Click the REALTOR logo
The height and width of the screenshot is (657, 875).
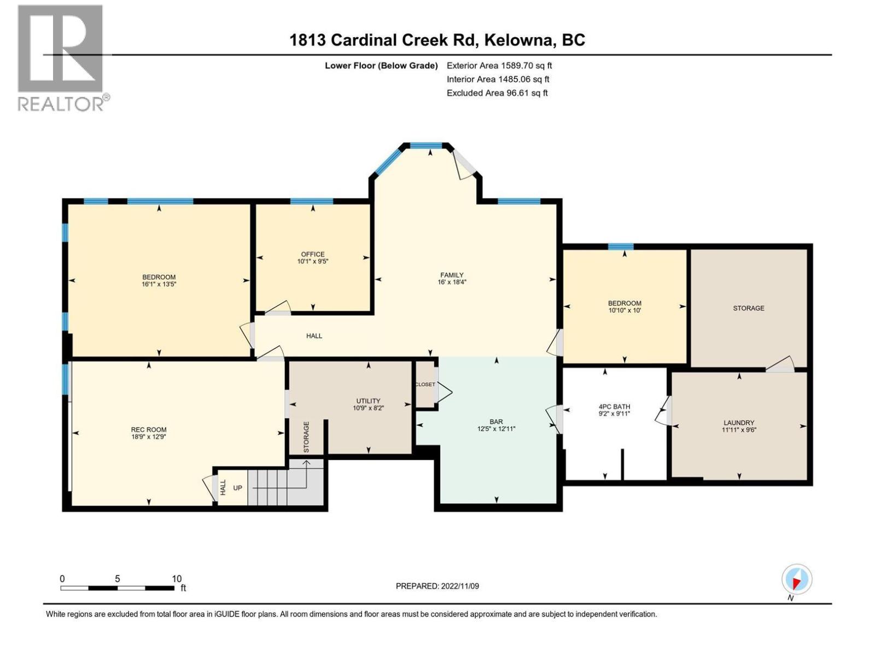[61, 57]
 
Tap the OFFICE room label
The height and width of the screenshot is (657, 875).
[313, 254]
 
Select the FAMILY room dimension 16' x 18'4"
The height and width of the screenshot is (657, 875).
[452, 283]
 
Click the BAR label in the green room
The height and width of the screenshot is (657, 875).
[496, 422]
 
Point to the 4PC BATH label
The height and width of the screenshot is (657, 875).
[614, 407]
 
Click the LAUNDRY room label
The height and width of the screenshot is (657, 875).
[739, 423]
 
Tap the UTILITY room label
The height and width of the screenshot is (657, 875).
[368, 401]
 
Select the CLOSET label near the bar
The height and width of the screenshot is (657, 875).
[425, 384]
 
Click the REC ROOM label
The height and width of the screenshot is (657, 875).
[149, 430]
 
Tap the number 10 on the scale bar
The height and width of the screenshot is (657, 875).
[176, 579]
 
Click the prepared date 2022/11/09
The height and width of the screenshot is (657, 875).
[459, 586]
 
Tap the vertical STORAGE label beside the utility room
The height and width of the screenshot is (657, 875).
[306, 437]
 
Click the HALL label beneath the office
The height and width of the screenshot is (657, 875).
[314, 336]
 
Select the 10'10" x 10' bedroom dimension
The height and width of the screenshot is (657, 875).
[625, 310]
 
